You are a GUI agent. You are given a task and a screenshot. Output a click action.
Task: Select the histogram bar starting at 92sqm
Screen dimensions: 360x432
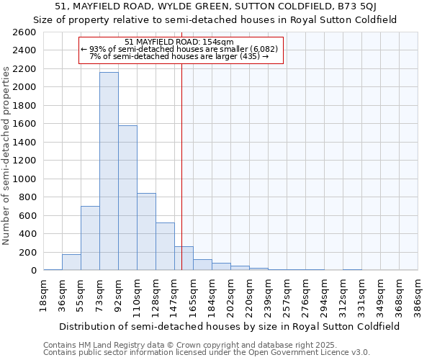[127, 198]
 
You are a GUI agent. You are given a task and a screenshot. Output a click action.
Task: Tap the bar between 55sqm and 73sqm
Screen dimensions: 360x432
[90, 238]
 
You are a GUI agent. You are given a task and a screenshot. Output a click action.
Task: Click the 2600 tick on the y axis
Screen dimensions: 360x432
[24, 32]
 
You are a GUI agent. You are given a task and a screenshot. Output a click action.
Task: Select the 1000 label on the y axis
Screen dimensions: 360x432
[24, 179]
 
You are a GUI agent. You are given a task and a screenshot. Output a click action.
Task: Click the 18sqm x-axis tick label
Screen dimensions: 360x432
[44, 293]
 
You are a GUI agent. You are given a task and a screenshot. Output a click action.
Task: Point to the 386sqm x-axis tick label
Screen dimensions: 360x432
[418, 294]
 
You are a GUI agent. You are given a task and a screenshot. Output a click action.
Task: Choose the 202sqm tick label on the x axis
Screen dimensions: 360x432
[231, 294]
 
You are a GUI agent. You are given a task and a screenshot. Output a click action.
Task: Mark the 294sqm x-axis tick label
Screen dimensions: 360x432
[325, 294]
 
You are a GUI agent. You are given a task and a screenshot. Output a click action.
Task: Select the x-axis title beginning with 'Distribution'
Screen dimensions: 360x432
[230, 326]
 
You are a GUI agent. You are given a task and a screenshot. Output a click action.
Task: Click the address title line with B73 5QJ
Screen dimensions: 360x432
[216, 7]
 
